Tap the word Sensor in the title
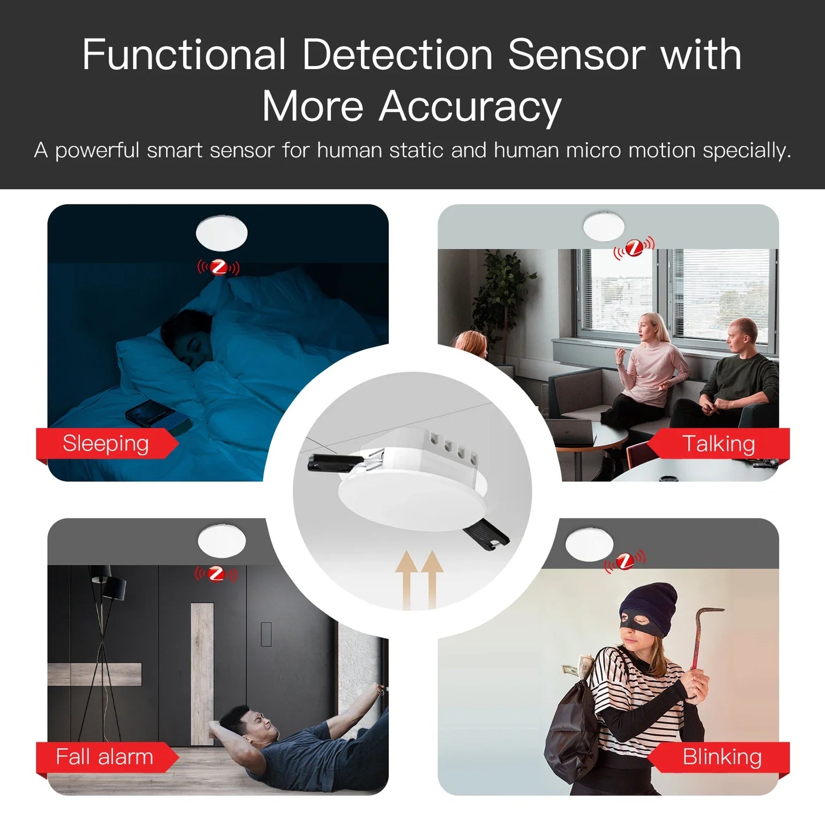tap(577, 55)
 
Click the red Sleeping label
tap(106, 444)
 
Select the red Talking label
tap(718, 444)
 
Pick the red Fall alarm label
tap(104, 757)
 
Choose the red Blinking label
tap(722, 757)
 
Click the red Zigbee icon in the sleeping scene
tap(218, 267)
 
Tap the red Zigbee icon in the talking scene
tap(634, 248)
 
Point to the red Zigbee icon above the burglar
tap(625, 561)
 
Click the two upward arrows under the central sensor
tap(420, 579)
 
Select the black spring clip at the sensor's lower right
tap(486, 536)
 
